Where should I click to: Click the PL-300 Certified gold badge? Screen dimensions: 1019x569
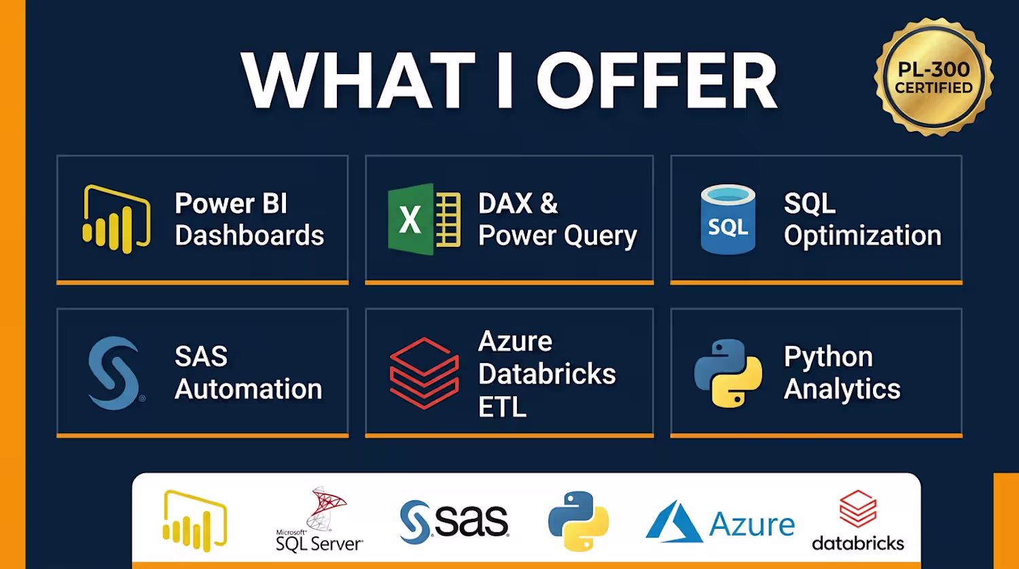pos(933,76)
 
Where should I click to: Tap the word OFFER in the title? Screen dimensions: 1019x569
pos(658,80)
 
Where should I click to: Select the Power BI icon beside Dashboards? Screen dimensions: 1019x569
pos(116,219)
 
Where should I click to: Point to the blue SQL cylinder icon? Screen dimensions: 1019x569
pos(728,219)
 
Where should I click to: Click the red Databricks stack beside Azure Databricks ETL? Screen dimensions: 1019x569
pos(424,373)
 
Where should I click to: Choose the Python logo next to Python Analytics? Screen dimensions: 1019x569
pos(728,373)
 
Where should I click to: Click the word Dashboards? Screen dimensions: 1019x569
pos(249,235)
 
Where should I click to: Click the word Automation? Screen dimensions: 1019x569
pos(249,390)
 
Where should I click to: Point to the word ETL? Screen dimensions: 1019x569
pos(502,407)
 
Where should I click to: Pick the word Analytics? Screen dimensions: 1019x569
pos(842,390)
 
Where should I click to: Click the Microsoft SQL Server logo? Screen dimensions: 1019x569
pos(319,520)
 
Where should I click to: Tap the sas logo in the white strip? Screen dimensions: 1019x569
pos(454,522)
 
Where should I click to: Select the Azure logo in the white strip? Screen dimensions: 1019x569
pos(720,522)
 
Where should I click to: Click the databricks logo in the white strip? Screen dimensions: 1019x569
pos(858,520)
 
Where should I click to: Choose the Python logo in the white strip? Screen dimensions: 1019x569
pos(579,521)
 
